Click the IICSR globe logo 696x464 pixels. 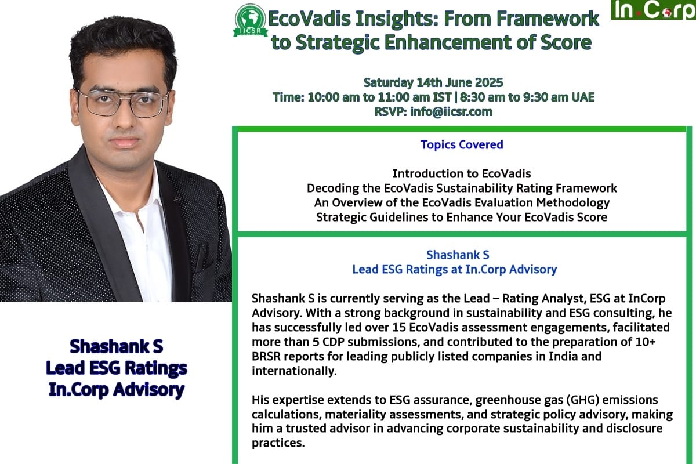click(x=250, y=20)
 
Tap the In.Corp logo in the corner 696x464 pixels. click(x=654, y=10)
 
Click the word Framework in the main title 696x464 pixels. click(x=548, y=19)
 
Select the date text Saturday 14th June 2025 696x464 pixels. click(x=433, y=83)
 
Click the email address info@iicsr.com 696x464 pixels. click(x=451, y=111)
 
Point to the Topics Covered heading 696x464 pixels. click(x=462, y=144)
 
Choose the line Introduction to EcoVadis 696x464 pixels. click(x=462, y=173)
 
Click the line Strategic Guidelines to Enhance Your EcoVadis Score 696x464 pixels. click(x=462, y=217)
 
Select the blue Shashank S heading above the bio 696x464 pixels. click(x=458, y=255)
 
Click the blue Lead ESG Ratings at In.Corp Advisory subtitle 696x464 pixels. click(x=455, y=270)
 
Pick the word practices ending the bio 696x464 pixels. click(x=278, y=443)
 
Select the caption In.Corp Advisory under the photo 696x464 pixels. click(x=117, y=390)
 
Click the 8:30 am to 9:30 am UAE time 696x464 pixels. click(x=527, y=97)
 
